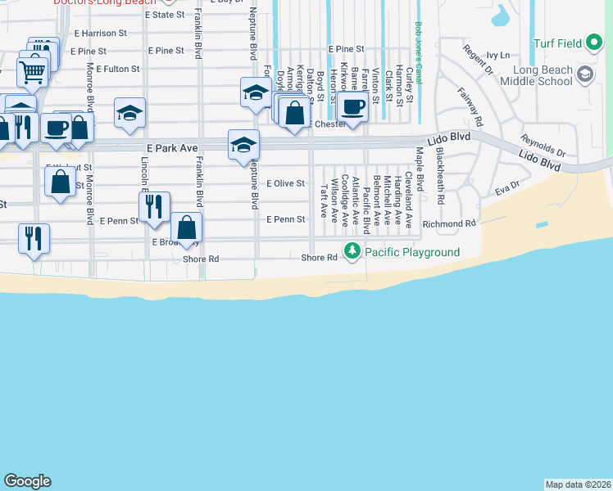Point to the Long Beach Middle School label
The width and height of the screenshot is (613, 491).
(x=534, y=75)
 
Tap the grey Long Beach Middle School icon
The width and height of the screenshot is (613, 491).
(x=585, y=75)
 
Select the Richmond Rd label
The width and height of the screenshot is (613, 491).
(x=449, y=223)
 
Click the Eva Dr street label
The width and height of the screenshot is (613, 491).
(x=507, y=189)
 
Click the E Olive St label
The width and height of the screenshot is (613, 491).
(x=285, y=183)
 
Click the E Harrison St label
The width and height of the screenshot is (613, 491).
(x=101, y=34)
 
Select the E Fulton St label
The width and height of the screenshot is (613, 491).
(x=118, y=69)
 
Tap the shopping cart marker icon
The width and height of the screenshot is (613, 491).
(x=33, y=72)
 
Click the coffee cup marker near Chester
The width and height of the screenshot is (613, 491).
(x=353, y=106)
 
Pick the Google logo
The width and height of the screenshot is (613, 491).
(x=27, y=481)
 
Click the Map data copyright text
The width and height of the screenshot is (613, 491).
(x=578, y=484)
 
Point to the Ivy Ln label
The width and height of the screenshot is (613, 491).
(x=497, y=56)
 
